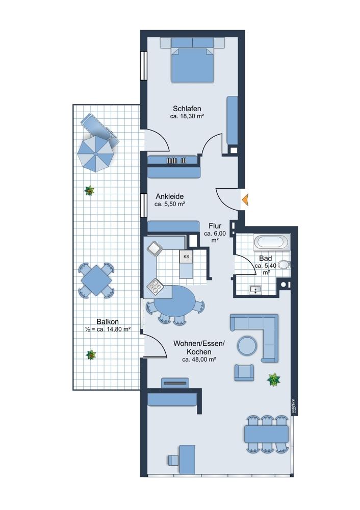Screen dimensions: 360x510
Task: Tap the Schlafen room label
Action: [187, 108]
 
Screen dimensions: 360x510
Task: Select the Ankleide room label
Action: [169, 196]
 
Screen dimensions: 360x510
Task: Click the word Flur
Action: [215, 226]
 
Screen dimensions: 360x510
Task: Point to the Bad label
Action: [265, 259]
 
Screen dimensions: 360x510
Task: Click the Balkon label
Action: [108, 322]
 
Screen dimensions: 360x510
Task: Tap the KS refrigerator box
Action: [186, 257]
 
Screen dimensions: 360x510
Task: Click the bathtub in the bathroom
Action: [272, 242]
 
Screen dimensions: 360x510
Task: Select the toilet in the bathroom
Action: [284, 264]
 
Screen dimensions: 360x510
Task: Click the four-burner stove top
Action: [155, 286]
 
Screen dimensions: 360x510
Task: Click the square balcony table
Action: [96, 280]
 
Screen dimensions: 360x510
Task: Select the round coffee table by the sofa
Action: [247, 345]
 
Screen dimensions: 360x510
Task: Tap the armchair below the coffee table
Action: [244, 372]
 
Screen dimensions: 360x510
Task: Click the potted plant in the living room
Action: [273, 379]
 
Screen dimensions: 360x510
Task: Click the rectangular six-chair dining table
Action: [267, 434]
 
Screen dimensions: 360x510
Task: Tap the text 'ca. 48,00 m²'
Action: [199, 360]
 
